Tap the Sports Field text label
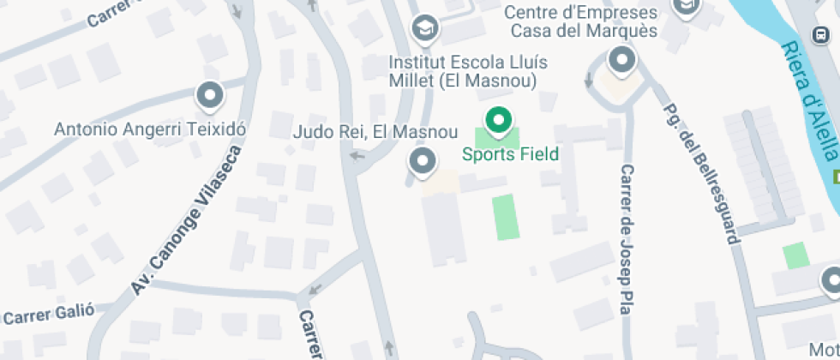tap(510, 154)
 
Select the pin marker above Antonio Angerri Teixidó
tap(209, 95)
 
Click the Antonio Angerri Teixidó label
tap(150, 129)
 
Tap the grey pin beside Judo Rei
tap(422, 160)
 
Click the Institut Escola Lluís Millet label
tap(467, 72)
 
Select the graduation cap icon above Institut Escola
tap(424, 28)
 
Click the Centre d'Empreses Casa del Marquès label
tap(580, 22)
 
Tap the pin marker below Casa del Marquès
tap(621, 61)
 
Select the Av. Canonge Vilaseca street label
tap(186, 221)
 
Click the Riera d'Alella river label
tap(811, 99)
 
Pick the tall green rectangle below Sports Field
tap(506, 217)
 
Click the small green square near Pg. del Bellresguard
tap(795, 255)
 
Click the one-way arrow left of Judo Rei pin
tap(358, 156)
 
